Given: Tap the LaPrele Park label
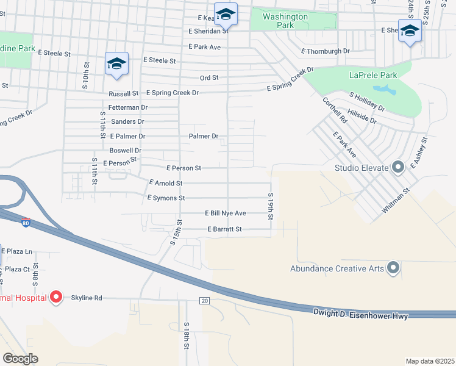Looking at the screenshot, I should point(373,76).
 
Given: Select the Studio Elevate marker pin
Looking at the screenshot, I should point(398,167).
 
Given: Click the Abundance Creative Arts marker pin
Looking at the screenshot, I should point(393,268).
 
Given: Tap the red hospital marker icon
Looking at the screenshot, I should point(56,298).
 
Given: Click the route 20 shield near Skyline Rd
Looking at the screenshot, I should point(204,301).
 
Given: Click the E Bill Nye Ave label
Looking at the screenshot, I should point(225,213).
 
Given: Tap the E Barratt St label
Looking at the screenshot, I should point(225,229).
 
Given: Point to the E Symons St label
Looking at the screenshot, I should point(166,198).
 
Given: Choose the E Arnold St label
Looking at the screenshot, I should point(166,183).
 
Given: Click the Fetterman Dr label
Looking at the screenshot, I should point(128,107).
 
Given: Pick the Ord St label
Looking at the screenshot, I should point(209,78).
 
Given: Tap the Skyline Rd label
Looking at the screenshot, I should point(86,298).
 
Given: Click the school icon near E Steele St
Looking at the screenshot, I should point(116,63).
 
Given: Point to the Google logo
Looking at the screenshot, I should point(20,359).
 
